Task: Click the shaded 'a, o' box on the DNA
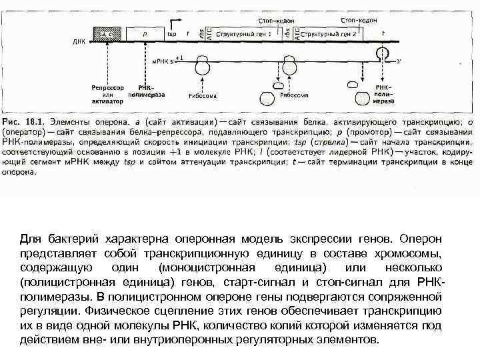(x=107, y=31)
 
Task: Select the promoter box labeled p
(x=145, y=31)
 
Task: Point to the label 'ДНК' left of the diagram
(x=79, y=41)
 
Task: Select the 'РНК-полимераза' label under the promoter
(x=145, y=91)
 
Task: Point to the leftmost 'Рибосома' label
(x=202, y=95)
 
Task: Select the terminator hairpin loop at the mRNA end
(x=381, y=54)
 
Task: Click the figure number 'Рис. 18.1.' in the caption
(x=23, y=123)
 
